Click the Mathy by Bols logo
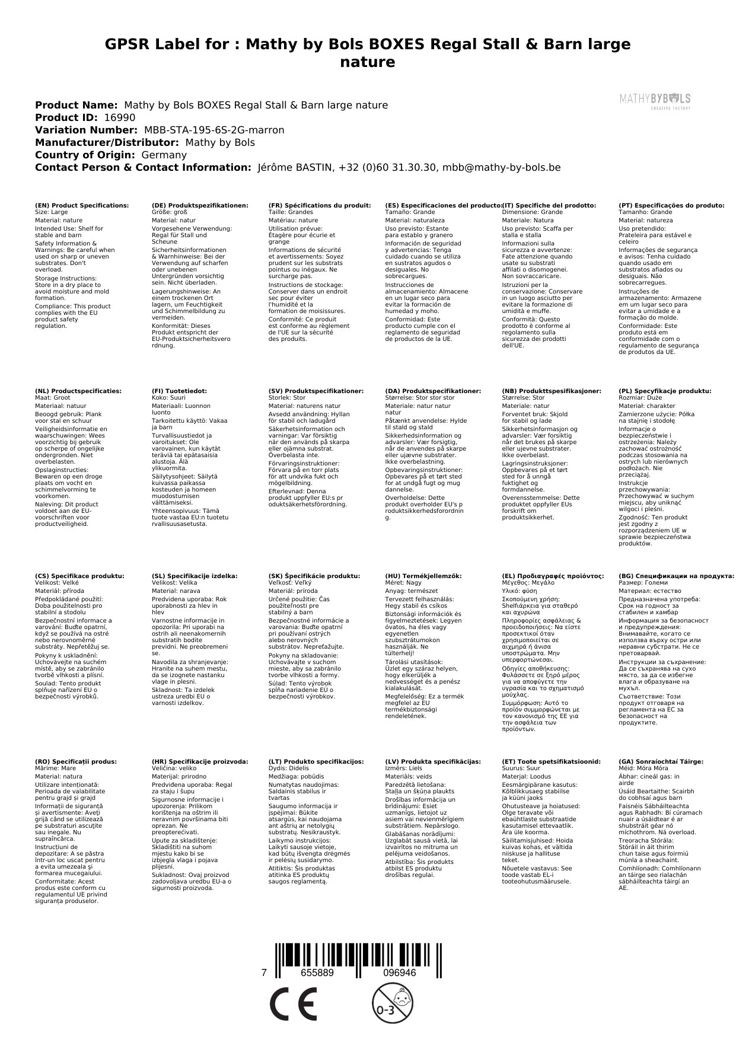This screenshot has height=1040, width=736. point(655,100)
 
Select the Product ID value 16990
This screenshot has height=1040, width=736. point(119,117)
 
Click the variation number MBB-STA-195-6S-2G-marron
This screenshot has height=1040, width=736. point(214,130)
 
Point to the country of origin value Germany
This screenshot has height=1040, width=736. point(164,155)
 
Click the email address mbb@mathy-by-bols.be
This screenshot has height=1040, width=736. point(502,167)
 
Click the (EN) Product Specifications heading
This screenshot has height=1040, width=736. point(82,205)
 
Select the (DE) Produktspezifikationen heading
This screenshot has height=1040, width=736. point(200,205)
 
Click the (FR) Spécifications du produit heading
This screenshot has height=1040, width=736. point(320,205)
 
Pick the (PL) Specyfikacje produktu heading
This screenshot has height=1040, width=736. point(665,391)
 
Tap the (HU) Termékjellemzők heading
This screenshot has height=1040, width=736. point(423,576)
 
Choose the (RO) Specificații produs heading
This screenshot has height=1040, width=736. point(76,761)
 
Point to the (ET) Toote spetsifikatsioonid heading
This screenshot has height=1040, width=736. point(551,761)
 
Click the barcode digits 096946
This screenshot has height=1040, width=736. point(399,973)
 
